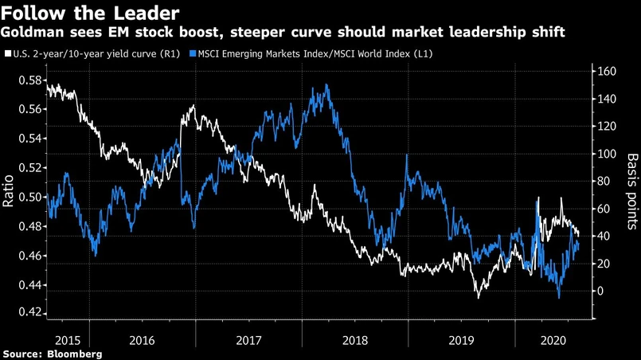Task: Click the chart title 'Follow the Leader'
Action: [x=89, y=14]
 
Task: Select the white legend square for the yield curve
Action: [x=7, y=53]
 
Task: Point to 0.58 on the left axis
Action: [x=25, y=80]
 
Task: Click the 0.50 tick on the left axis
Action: [x=25, y=197]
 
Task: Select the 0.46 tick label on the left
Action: [x=25, y=256]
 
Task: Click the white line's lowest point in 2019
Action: [x=479, y=297]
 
